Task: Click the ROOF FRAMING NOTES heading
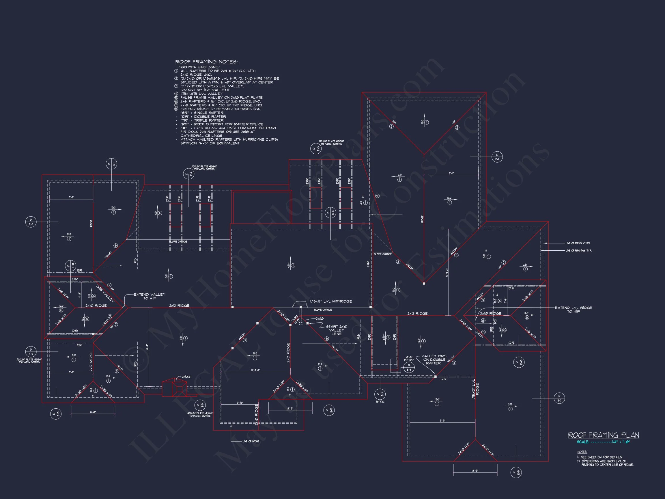pyautogui.click(x=207, y=62)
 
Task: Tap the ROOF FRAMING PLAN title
pyautogui.click(x=603, y=435)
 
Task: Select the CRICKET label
pyautogui.click(x=186, y=377)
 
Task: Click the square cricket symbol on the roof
pyautogui.click(x=179, y=389)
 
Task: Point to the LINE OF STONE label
pyautogui.click(x=251, y=442)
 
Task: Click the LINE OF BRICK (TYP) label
pyautogui.click(x=578, y=243)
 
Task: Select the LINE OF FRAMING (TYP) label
pyautogui.click(x=579, y=251)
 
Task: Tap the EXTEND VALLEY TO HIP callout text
pyautogui.click(x=150, y=296)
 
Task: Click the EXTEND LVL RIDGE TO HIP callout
pyautogui.click(x=573, y=310)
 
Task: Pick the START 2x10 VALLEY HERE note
pyautogui.click(x=337, y=330)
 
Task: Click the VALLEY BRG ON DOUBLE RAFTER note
pyautogui.click(x=434, y=360)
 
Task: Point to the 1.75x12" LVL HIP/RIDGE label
pyautogui.click(x=331, y=301)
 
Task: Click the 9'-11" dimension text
pyautogui.click(x=451, y=173)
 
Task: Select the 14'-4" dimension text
pyautogui.click(x=147, y=347)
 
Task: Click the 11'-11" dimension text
pyautogui.click(x=442, y=420)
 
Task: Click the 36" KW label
pyautogui.click(x=380, y=402)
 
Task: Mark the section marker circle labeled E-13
pyautogui.click(x=316, y=149)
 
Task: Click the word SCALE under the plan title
pyautogui.click(x=583, y=442)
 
